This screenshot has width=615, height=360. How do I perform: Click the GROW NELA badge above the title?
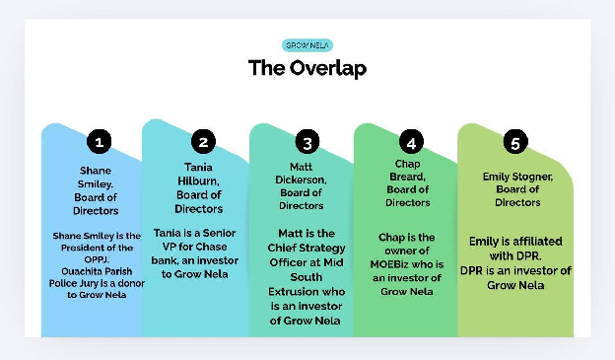pos(307,45)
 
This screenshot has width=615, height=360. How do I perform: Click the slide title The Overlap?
pos(307,68)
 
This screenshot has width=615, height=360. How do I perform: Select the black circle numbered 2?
pos(202,142)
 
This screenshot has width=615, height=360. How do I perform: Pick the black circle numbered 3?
pos(307,142)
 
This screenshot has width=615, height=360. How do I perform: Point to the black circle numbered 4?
pos(412,142)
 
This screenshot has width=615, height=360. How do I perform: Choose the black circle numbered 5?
pos(514,142)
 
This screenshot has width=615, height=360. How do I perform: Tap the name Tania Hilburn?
pos(198,174)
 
